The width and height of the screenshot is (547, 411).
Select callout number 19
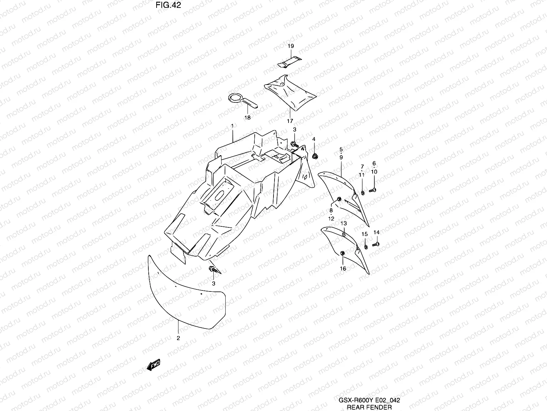point(291,46)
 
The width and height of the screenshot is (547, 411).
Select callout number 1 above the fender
point(232,126)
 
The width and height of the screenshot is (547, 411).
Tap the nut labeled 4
point(314,157)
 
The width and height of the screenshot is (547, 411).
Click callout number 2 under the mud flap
point(178,338)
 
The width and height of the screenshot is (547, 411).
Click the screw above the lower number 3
point(213,270)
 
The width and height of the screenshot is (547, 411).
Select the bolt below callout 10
point(373,190)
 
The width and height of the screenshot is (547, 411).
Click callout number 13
point(344,223)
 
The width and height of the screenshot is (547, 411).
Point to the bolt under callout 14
point(376,244)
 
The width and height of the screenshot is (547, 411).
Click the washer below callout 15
point(365,247)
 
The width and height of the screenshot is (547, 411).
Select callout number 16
point(343,269)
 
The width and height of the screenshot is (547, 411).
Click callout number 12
point(331,219)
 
